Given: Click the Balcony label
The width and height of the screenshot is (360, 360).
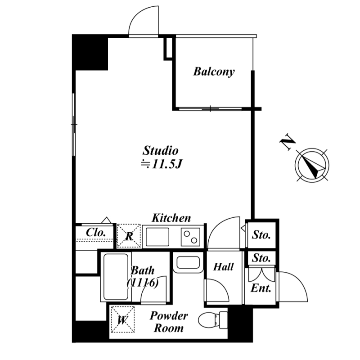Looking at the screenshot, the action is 214,72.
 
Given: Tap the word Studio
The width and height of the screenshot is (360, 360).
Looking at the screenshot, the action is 161,151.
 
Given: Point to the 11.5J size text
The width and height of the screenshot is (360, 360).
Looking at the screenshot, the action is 162,164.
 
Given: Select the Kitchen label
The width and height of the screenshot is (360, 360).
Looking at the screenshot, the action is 171,218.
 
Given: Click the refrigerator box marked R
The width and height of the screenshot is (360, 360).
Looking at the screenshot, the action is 129,236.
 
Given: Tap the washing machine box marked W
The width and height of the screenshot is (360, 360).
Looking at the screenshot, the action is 122,319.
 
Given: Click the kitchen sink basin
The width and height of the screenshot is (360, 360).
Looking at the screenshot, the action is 157,237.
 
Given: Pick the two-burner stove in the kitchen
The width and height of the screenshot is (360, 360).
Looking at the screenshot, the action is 190,237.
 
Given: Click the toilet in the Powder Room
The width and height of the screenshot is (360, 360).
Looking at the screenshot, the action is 213,320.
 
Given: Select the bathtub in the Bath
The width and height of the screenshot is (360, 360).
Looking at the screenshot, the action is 116,277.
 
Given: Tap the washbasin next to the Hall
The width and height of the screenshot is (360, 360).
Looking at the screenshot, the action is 188,262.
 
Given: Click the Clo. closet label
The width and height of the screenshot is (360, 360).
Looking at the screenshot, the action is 96,233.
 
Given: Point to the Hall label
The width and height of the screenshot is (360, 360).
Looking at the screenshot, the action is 223,267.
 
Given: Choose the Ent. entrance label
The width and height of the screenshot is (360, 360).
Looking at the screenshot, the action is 261,288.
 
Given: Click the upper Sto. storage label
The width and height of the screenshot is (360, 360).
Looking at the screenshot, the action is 261,235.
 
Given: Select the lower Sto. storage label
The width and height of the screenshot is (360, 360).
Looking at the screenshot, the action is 261,258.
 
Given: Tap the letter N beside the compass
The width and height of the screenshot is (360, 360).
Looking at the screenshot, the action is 287,142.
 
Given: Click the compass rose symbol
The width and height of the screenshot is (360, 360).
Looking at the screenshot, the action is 312,165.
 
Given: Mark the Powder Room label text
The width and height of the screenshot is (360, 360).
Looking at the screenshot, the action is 169,322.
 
